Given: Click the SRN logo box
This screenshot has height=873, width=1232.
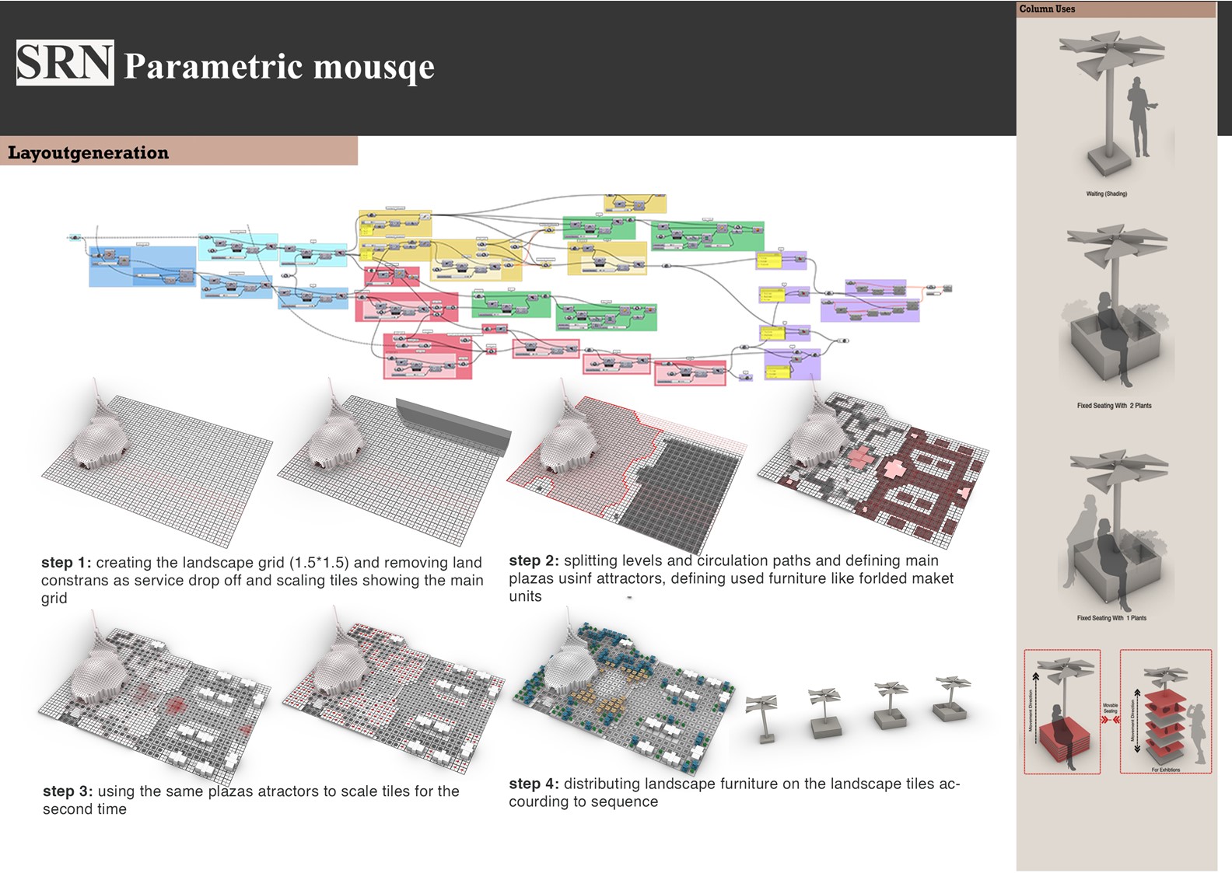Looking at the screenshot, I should (65, 63).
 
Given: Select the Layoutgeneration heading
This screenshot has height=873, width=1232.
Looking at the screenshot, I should (88, 152).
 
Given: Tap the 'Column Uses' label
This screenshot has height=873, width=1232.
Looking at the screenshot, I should (1047, 9).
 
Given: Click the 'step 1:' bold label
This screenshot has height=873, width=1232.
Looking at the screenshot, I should (66, 562).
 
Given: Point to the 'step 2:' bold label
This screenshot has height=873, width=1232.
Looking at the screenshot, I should (534, 560).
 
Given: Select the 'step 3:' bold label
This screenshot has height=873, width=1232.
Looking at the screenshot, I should (68, 791).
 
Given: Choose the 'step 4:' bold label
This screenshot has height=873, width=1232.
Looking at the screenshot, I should (534, 784).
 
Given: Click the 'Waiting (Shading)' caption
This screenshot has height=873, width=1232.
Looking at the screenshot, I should (1106, 194).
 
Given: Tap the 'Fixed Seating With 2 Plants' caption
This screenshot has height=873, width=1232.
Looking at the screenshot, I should (1114, 406).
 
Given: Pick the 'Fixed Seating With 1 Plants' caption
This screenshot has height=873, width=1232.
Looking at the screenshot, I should (1111, 618).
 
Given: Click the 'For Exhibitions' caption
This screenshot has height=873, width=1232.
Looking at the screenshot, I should (1165, 770).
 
